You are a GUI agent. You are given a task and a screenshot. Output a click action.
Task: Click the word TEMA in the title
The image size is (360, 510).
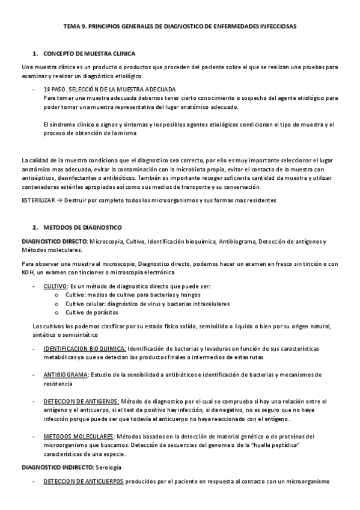pos(72,27)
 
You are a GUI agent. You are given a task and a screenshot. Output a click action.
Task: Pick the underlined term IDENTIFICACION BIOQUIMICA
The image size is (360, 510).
pos(84,349)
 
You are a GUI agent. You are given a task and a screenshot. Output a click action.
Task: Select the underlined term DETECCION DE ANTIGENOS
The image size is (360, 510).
pos(81,401)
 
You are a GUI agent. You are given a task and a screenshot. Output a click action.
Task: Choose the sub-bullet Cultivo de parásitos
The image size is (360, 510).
pos(92,312)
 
